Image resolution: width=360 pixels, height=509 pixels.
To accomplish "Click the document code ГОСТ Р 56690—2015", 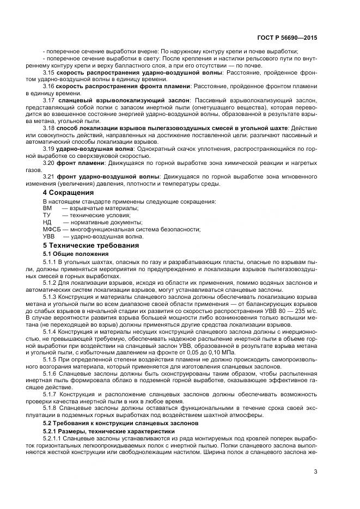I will (x=286, y=39).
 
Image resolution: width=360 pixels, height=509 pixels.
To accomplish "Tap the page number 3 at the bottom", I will (x=316, y=472).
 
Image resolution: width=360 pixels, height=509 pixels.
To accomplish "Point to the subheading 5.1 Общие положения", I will (x=68, y=254).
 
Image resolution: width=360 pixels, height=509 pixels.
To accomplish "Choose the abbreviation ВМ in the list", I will (x=47, y=208).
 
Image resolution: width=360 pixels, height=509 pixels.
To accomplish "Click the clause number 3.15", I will (x=48, y=72).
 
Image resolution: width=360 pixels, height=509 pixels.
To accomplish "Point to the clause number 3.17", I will (x=48, y=101).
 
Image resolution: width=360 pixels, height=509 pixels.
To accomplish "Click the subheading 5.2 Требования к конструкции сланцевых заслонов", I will (x=118, y=423).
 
